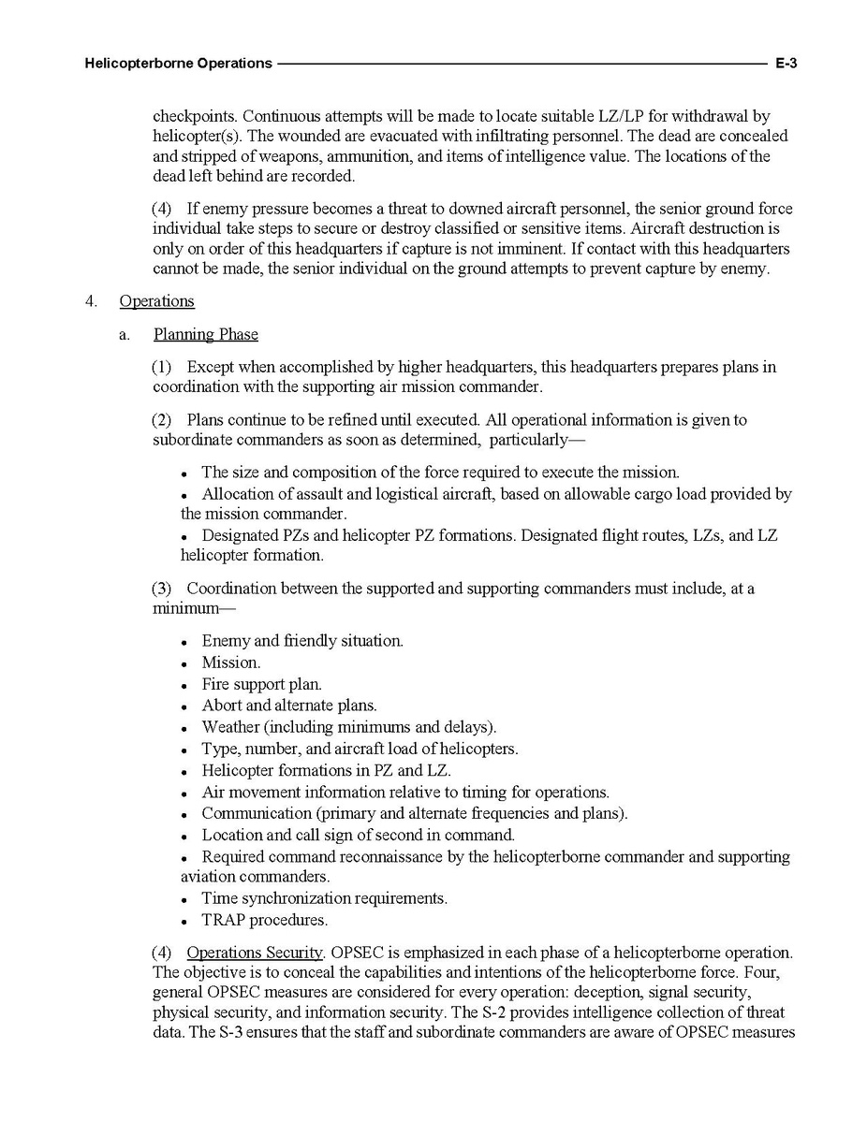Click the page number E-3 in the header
tap(785, 64)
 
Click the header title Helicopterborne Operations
tap(178, 64)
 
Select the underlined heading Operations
tap(156, 301)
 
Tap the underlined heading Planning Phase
tap(205, 334)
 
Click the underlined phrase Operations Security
tap(255, 953)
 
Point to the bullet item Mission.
tap(230, 662)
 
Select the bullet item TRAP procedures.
tap(264, 920)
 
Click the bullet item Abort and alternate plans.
tap(288, 706)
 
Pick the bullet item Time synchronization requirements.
tap(324, 898)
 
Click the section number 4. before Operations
tap(91, 301)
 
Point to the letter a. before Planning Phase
tap(125, 334)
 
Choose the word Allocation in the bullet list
tap(238, 494)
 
